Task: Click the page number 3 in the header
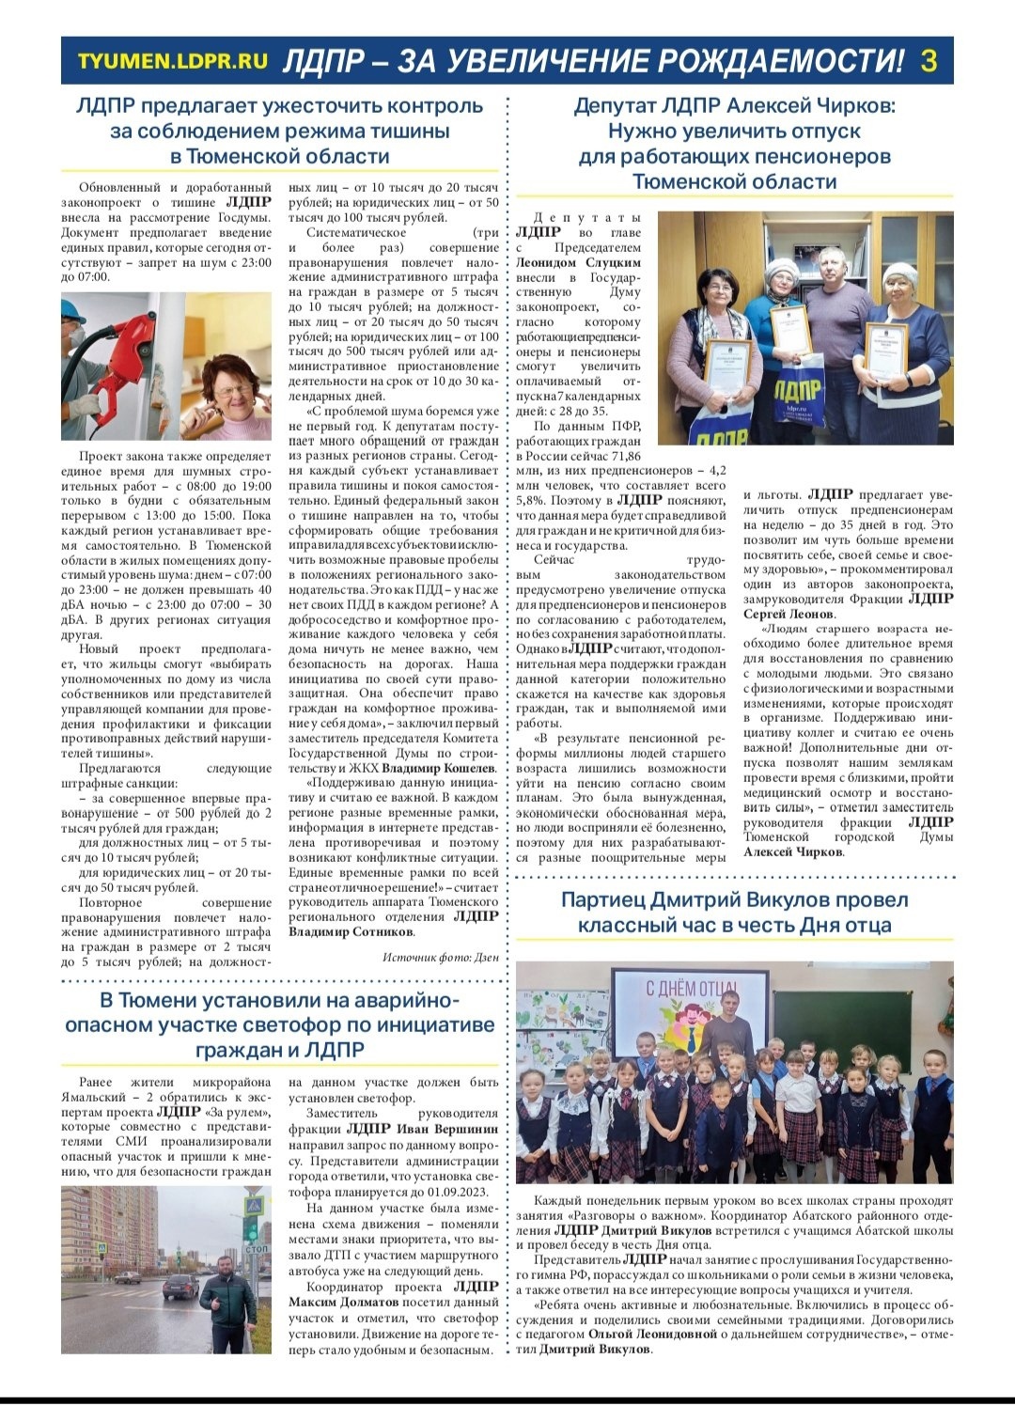coord(929,61)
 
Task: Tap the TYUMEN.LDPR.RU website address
coord(173,62)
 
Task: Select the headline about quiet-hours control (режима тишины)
coord(279,131)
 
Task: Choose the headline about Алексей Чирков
coord(734,143)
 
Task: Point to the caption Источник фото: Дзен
coord(440,957)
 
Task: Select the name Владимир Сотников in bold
coord(351,932)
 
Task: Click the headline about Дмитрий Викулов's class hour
coord(734,913)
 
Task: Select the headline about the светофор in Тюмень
coord(279,1024)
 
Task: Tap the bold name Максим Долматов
coord(345,1302)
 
